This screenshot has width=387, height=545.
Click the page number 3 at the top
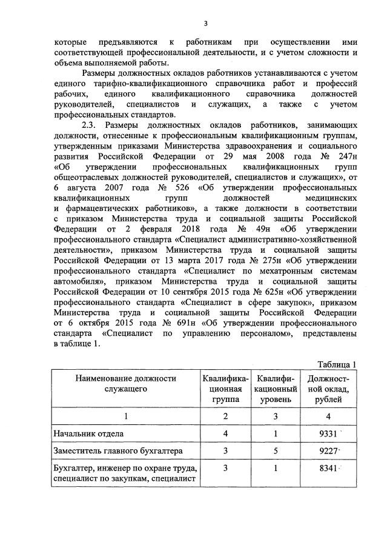205,24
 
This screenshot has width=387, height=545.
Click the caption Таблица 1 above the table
336,364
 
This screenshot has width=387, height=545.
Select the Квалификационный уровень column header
275,389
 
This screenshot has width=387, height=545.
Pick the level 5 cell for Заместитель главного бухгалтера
275,451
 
